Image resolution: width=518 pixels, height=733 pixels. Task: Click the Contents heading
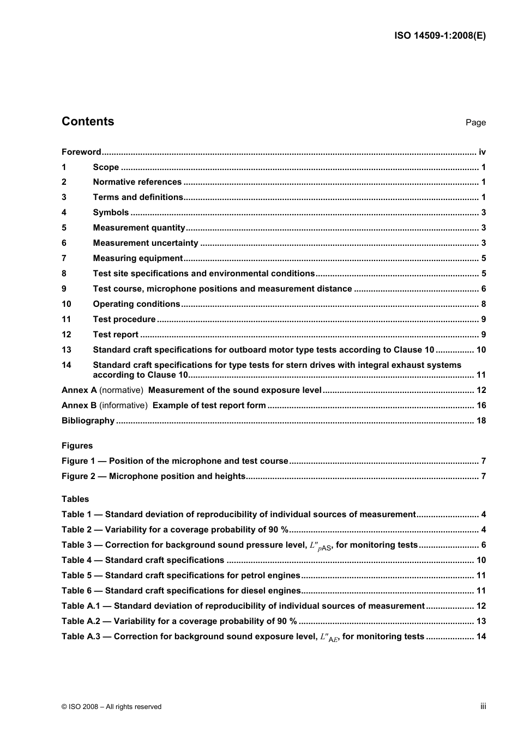88,122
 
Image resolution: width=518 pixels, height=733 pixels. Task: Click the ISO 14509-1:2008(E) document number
439,36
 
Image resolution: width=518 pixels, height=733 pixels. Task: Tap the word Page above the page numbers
475,123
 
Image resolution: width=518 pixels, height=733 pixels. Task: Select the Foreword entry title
81,152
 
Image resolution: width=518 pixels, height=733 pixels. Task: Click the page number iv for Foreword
482,152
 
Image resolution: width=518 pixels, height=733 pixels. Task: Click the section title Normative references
137,182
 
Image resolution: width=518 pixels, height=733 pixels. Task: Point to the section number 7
64,258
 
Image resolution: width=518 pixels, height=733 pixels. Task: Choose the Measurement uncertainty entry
145,243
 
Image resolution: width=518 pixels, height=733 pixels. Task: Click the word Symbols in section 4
111,213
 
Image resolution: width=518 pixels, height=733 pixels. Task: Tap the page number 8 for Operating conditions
484,304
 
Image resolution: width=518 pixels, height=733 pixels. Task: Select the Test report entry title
116,335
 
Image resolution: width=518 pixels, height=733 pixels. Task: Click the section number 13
67,350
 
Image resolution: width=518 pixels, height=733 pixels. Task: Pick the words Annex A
79,390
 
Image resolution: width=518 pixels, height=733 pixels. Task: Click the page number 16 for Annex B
481,405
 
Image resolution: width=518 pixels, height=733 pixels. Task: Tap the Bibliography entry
88,421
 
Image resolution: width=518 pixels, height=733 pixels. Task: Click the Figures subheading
77,446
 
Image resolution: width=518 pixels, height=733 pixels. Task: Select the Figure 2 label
78,476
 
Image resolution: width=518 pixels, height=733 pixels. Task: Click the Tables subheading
75,499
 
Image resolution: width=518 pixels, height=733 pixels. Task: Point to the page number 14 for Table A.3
481,637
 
